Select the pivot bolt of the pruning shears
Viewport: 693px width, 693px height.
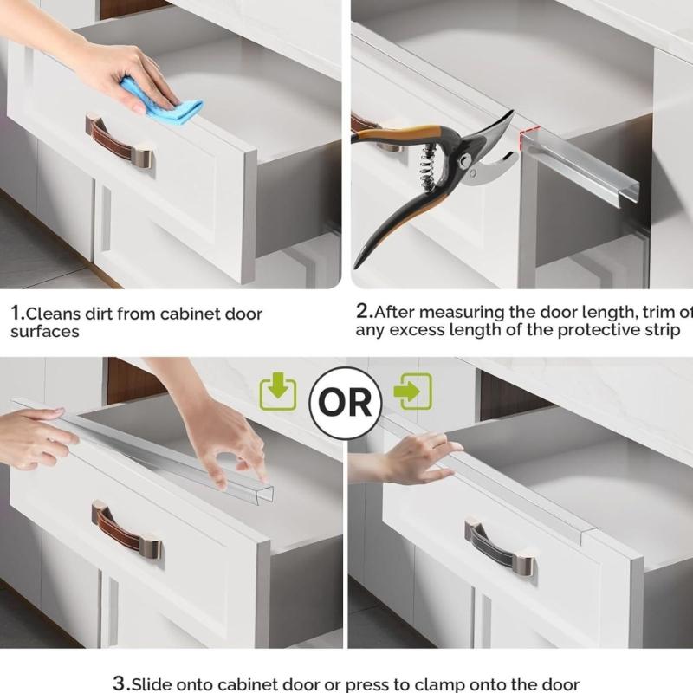(466, 161)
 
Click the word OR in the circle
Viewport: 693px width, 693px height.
(346, 403)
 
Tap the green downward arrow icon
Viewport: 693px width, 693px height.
(278, 392)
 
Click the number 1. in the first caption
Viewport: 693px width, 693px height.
(16, 314)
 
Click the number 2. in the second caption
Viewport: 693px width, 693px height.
(364, 310)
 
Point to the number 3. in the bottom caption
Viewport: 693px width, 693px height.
(121, 683)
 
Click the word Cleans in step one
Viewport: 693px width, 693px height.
(51, 314)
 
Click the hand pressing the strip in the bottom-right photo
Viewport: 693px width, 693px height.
(416, 457)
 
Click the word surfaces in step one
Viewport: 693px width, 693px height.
(45, 331)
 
